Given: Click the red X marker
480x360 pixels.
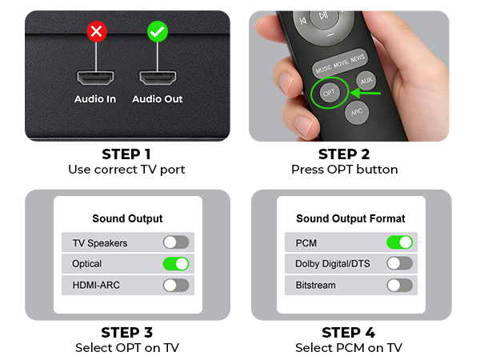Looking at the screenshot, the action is point(97,31).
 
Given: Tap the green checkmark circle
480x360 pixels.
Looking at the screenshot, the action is point(158,31).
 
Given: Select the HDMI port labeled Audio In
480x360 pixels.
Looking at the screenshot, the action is point(95,78).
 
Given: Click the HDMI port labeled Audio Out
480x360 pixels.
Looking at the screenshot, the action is point(158,78).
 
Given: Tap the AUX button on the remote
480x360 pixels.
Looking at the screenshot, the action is point(366,81).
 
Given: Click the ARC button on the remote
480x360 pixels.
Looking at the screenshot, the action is point(357,112).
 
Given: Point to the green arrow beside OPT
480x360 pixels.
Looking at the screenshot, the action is point(366,93).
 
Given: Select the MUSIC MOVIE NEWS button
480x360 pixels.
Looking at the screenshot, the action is point(339,63).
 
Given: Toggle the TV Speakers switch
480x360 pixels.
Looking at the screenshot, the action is point(176,242).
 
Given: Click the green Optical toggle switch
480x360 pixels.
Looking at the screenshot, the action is point(176,264).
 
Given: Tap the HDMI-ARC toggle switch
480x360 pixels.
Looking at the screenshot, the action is point(176,286).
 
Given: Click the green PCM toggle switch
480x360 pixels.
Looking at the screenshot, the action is point(399,242).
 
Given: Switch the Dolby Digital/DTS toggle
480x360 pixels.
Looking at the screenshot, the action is point(399,263).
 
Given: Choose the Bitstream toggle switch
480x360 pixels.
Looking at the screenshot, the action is point(399,286).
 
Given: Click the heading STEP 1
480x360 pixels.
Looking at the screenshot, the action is point(126,154).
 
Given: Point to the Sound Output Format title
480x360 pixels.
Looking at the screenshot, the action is point(350,218).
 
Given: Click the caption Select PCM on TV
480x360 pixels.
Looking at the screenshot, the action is point(349,348).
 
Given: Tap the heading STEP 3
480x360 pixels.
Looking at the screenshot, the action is point(126,333).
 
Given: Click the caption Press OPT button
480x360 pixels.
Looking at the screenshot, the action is point(344,170).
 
